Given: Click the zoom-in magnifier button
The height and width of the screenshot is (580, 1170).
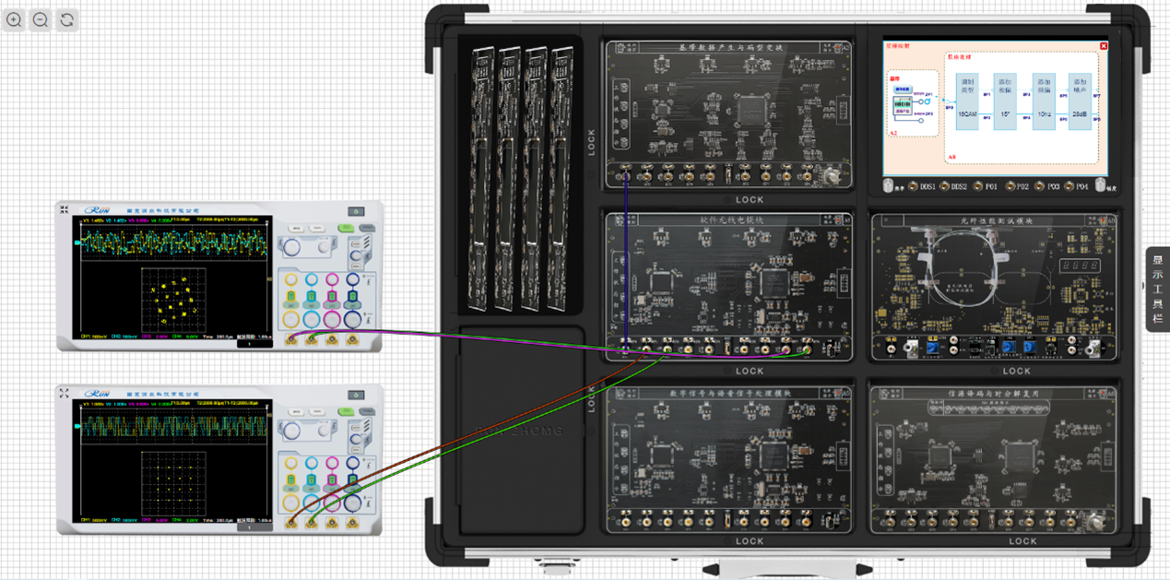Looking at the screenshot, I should pos(14,19).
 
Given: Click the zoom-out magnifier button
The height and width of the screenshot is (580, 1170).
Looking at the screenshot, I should pos(41,19).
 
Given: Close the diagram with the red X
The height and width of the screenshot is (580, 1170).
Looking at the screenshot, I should pos(1104,46).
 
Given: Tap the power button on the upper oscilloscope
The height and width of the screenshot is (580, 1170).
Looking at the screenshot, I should pos(357,212).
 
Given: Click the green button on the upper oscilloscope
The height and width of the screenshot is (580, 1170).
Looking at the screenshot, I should pos(346,228).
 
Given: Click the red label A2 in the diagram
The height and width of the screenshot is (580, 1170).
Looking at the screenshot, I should pos(892,133).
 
